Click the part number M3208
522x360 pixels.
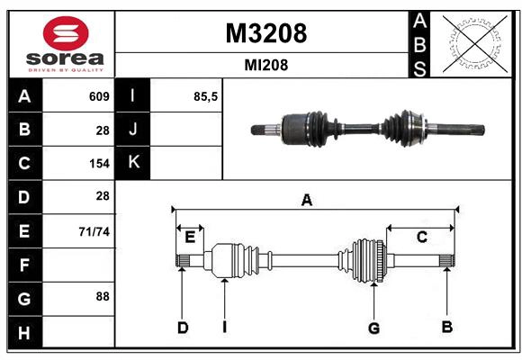pyautogui.click(x=265, y=33)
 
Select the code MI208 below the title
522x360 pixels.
pyautogui.click(x=265, y=65)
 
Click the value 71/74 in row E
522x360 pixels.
pyautogui.click(x=94, y=231)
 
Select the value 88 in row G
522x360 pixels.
pyautogui.click(x=102, y=296)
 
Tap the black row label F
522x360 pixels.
pyautogui.click(x=24, y=265)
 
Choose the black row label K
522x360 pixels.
pyautogui.click(x=133, y=163)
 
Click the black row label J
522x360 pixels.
pyautogui.click(x=133, y=130)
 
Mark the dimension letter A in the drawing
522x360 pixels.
pyautogui.click(x=307, y=201)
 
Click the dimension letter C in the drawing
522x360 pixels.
pyautogui.click(x=421, y=237)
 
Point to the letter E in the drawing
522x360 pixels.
pyautogui.click(x=190, y=238)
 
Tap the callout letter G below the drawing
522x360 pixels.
pyautogui.click(x=373, y=328)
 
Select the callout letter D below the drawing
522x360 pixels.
pyautogui.click(x=182, y=328)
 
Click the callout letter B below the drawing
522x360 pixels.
pyautogui.click(x=446, y=327)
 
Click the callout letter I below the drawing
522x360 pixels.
pyautogui.click(x=223, y=328)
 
